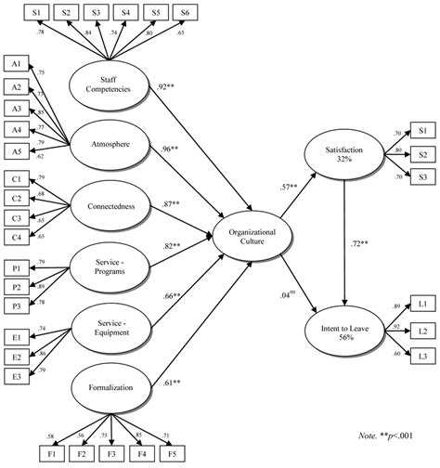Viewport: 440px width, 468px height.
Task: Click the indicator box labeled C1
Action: tap(17, 178)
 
